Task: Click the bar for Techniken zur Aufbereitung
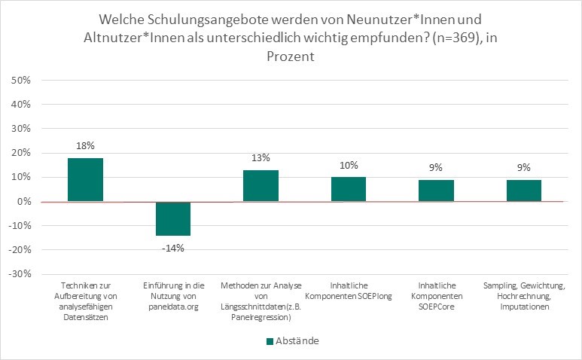[x=85, y=180]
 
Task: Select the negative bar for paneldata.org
[x=172, y=218]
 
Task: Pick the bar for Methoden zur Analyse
[x=261, y=186]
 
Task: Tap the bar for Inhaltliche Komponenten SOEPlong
[x=349, y=189]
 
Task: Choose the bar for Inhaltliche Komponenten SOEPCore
[x=436, y=191]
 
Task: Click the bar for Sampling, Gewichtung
[x=524, y=191]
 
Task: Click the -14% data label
[x=172, y=245]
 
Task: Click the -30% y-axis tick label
[x=19, y=273]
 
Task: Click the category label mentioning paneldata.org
[x=172, y=297]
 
